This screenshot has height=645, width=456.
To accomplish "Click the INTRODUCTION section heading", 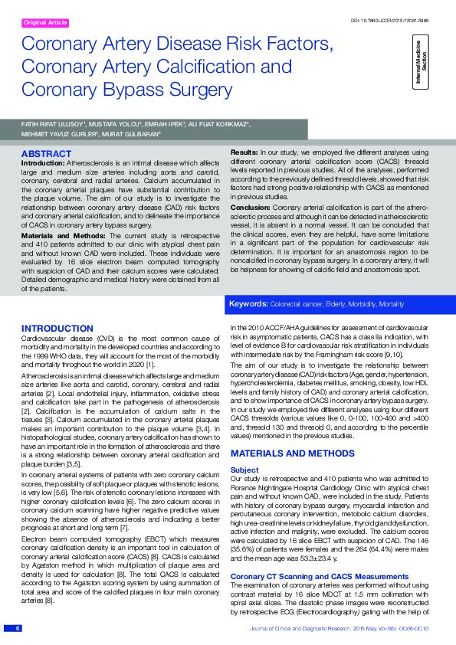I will click(x=57, y=329).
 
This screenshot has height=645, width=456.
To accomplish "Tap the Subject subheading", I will click(x=244, y=470).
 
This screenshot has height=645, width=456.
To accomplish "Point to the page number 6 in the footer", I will click(x=17, y=628).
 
